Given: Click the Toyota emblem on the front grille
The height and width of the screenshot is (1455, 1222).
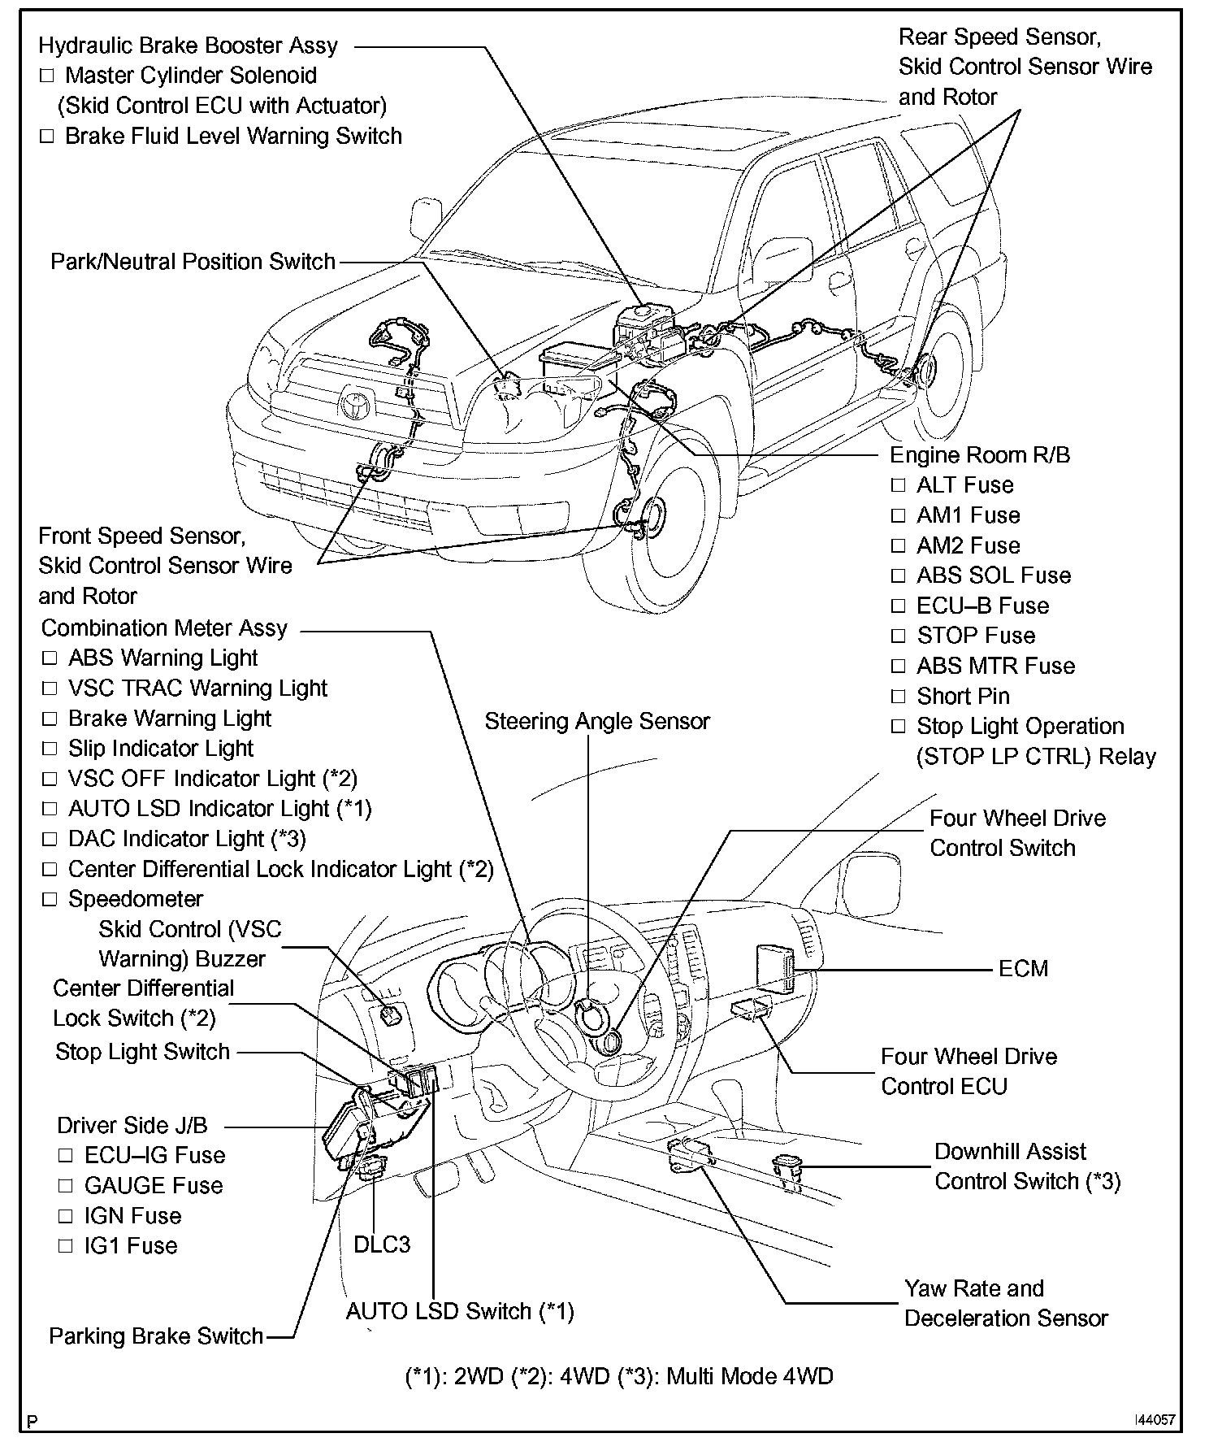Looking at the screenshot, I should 357,402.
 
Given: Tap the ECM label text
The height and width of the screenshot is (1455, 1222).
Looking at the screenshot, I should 1023,969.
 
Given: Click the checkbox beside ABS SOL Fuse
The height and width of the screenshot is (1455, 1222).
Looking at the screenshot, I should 898,576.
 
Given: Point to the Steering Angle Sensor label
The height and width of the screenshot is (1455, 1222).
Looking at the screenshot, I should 597,722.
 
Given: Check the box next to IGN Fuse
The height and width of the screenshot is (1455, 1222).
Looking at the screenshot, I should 66,1217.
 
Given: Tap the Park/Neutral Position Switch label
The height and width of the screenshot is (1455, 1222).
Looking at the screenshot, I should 193,262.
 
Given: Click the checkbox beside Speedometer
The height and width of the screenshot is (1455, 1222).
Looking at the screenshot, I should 50,900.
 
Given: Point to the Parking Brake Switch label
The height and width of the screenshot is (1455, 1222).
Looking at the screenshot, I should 156,1336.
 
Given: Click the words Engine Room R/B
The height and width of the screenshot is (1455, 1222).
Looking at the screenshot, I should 980,455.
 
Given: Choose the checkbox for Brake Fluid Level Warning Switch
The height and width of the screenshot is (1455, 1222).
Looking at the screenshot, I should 47,137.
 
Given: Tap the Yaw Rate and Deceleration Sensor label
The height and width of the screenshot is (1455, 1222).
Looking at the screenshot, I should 1006,1303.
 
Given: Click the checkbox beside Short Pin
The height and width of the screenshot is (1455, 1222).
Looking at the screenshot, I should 898,697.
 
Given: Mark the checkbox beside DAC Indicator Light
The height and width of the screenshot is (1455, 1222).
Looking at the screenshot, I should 50,839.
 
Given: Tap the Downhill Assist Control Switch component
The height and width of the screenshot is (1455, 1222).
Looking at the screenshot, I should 787,1169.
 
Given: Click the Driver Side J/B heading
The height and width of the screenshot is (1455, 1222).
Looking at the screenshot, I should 132,1126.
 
